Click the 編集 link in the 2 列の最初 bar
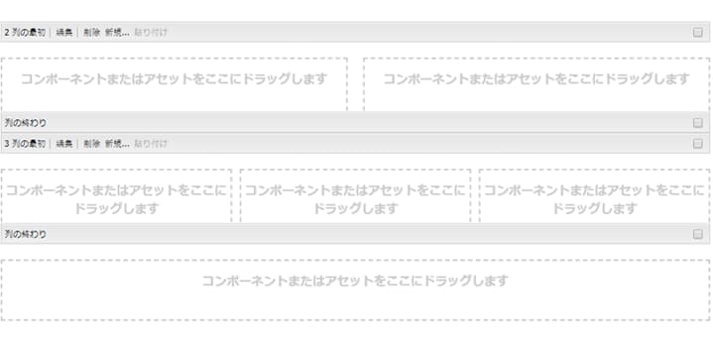coord(63,33)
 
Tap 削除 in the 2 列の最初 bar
coord(91,33)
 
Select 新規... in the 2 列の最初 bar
coord(117,33)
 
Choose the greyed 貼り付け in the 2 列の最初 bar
coord(151,33)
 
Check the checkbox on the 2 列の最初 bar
coord(698,33)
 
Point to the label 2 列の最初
coord(25,33)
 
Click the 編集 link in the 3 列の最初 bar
coord(63,144)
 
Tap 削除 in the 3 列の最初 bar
coord(91,144)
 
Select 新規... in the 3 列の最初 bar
coord(117,144)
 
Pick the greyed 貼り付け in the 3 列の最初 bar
coord(151,144)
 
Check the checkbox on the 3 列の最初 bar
coord(698,144)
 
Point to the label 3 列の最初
coord(25,144)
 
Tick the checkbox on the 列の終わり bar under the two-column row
coord(698,123)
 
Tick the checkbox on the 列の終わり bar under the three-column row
coord(698,234)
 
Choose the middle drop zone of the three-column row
coord(355,195)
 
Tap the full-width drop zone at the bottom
coord(355,289)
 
